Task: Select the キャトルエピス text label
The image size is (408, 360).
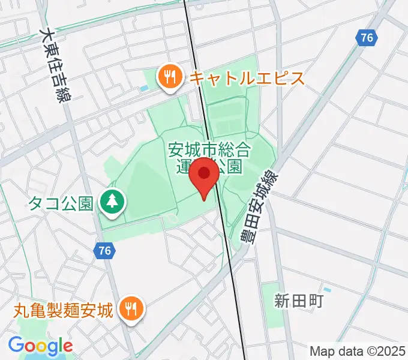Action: [247, 78]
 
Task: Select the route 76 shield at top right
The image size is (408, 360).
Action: [367, 38]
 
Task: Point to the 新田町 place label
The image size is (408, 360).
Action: [299, 301]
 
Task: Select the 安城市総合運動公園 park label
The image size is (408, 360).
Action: [208, 157]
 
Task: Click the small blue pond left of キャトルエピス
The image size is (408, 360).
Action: [143, 89]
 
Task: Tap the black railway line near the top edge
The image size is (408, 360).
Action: [187, 12]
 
